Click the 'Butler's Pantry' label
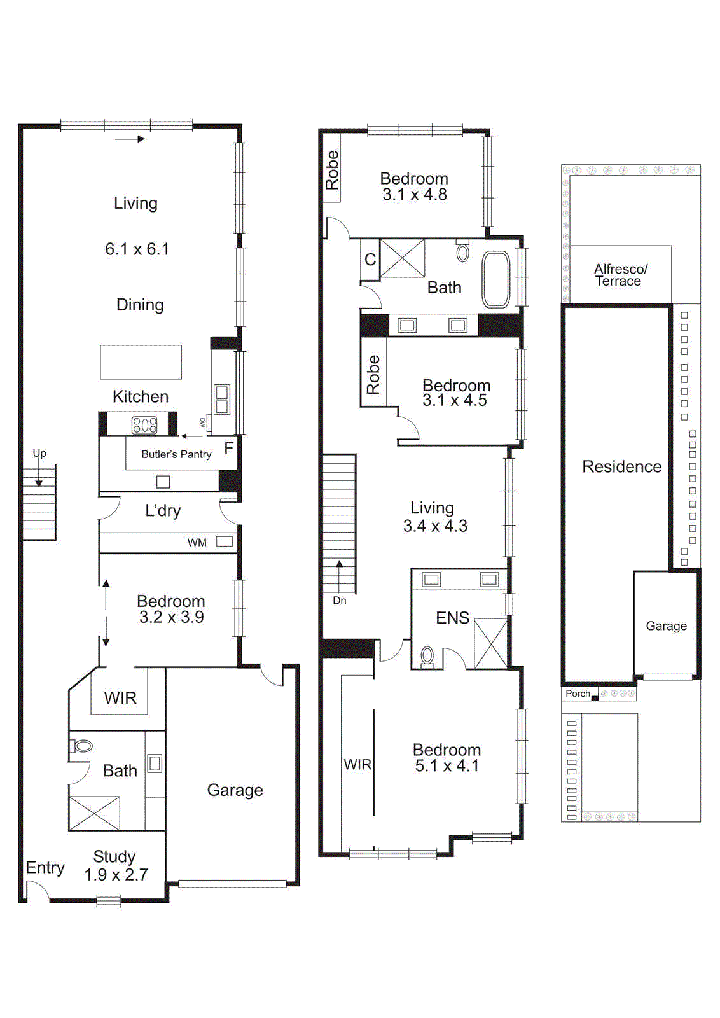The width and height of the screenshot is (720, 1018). tap(176, 454)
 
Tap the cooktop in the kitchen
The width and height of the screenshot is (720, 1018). tap(144, 424)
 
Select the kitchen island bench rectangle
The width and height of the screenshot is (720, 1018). tap(141, 362)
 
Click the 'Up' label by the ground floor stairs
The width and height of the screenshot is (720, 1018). tap(39, 454)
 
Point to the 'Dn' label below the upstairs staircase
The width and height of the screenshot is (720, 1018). tap(340, 601)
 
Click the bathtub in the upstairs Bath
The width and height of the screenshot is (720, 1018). tap(496, 279)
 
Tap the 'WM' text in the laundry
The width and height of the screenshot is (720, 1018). tap(197, 543)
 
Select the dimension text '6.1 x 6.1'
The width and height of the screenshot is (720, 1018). tap(137, 249)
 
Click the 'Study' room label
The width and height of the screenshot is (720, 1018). tap(114, 856)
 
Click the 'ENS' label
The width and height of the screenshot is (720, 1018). tap(452, 618)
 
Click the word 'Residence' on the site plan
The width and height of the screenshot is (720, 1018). tap(621, 467)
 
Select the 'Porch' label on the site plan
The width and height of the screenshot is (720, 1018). tap(578, 694)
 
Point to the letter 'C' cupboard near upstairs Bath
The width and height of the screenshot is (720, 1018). tap(370, 260)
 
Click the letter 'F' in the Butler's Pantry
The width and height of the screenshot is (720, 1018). tap(228, 449)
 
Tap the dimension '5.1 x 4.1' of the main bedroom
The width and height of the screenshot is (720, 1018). tap(447, 766)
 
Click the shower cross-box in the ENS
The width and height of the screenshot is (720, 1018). tap(491, 643)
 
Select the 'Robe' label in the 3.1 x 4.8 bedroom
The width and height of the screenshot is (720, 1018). tap(332, 170)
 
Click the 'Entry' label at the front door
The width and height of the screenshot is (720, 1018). tap(45, 868)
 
